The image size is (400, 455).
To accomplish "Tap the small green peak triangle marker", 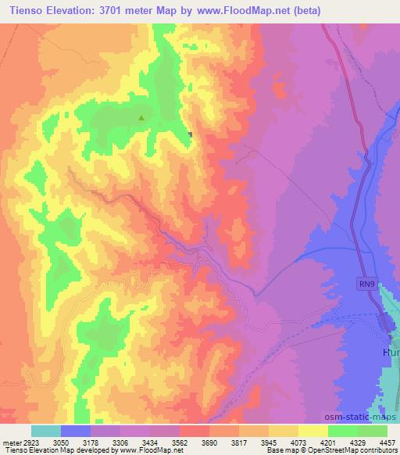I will pyautogui.click(x=141, y=118).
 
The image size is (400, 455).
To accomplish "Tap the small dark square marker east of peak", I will pyautogui.click(x=190, y=134).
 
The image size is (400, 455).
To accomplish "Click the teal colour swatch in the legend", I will pyautogui.click(x=46, y=431).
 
